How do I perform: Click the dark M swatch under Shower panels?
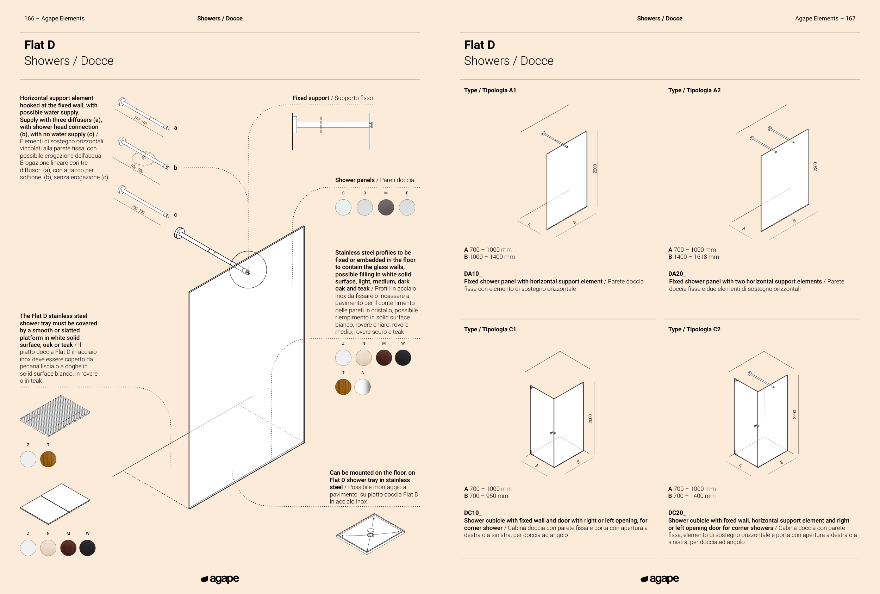pos(386,207)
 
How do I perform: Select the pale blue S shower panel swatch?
pos(343,207)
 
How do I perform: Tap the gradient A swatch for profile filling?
pos(362,387)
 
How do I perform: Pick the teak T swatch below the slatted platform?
pos(48,459)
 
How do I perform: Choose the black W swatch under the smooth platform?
pos(87,548)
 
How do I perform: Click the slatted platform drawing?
pos(55,415)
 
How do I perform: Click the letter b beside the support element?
pos(175,168)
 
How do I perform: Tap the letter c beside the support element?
pos(175,215)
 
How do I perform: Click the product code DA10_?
pos(473,274)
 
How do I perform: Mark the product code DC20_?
pos(677,513)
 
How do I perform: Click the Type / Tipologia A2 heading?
pos(694,90)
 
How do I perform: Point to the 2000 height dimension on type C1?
pos(590,418)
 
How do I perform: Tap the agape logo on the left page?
pos(220,579)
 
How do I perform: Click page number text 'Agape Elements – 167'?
pos(825,19)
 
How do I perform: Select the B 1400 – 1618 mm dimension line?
pos(693,257)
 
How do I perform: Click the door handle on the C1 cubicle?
pos(553,433)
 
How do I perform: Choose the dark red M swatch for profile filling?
pos(383,358)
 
